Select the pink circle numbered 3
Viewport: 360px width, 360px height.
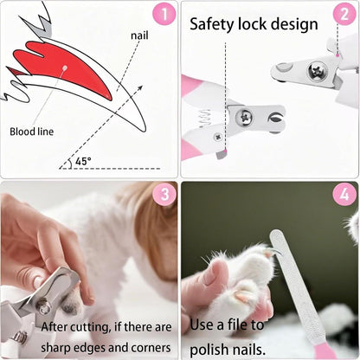tap(164, 196)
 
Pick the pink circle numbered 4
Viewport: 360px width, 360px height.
tap(345, 196)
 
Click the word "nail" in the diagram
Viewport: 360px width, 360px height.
tap(140, 35)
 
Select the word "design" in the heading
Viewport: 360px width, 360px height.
tap(291, 22)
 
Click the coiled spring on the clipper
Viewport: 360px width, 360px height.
tap(205, 119)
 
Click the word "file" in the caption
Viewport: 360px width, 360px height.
tap(271, 325)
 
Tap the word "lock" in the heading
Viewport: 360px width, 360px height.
tap(252, 22)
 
